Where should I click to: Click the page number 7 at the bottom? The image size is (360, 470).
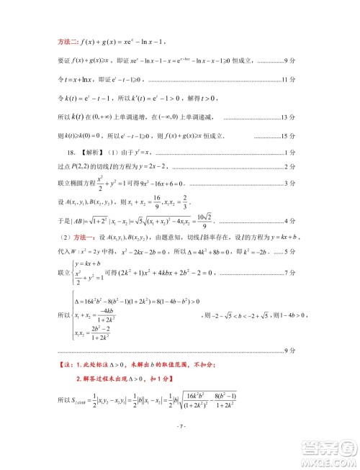180,446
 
